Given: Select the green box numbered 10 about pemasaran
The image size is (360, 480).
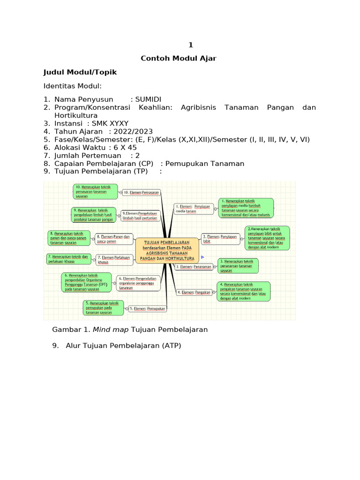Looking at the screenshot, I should (95, 191).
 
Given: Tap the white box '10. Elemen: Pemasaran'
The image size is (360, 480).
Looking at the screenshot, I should (141, 192).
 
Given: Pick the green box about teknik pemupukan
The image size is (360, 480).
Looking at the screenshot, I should (104, 307).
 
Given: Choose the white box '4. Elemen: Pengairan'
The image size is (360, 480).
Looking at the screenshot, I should (193, 292).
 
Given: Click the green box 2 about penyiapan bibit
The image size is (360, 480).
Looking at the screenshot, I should (267, 238).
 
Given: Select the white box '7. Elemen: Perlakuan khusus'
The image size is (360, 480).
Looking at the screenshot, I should (113, 260).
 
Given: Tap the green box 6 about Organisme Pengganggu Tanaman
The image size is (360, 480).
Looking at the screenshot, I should (86, 282).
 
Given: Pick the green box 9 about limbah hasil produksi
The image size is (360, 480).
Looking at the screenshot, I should (93, 214).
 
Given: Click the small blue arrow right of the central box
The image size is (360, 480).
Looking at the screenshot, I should (202, 257).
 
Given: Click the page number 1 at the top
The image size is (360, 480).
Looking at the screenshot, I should (191, 45).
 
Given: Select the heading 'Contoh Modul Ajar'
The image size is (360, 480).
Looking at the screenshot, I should (179, 59).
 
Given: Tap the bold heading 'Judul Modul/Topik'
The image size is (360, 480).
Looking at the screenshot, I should (80, 72).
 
